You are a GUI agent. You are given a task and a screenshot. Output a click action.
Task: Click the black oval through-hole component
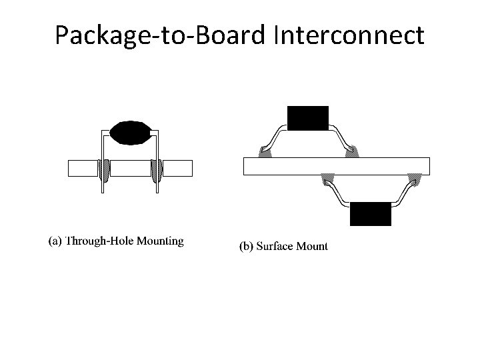pos(131,133)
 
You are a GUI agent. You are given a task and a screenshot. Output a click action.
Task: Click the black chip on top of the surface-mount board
pos(307,118)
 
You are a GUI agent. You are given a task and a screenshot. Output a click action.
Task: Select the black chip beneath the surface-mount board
pos(371,213)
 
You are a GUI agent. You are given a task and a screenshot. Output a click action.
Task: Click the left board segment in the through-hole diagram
pos(83,169)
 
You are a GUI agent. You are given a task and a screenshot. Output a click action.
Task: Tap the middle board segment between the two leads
pos(131,169)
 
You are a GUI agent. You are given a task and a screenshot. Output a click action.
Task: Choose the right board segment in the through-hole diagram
pos(178,169)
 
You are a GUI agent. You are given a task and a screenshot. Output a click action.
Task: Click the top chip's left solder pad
pos(265,153)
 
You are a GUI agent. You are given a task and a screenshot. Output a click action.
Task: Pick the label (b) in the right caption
pos(247,247)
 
